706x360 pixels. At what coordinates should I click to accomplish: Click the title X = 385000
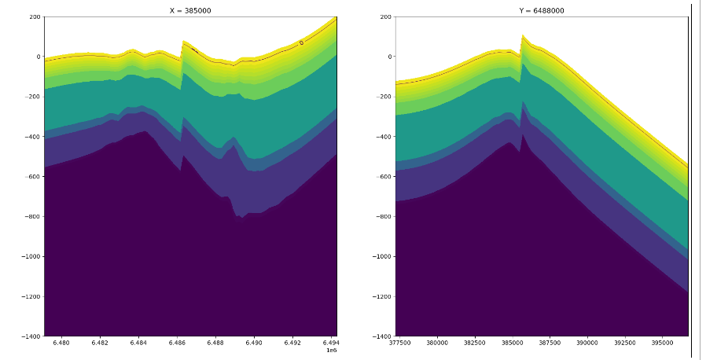(190, 10)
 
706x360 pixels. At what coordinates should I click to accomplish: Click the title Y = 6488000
(542, 10)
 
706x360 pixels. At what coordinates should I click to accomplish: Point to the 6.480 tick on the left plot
(61, 343)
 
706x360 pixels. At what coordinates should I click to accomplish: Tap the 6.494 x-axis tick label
(331, 343)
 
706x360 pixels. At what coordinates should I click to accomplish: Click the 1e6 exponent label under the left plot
(331, 351)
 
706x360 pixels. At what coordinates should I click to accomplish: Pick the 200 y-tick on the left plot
(35, 17)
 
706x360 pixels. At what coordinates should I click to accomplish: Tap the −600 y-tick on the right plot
(383, 176)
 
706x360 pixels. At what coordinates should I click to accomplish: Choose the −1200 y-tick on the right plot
(381, 296)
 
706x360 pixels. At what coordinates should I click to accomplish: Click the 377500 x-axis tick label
(399, 343)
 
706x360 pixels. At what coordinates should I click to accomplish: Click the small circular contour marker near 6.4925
(301, 42)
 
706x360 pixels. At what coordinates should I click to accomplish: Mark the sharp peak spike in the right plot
(522, 35)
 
